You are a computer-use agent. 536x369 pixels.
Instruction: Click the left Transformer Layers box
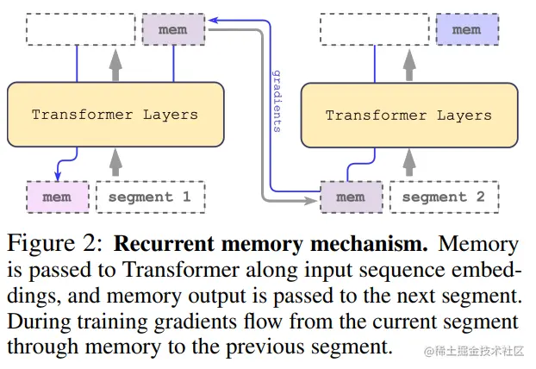115,114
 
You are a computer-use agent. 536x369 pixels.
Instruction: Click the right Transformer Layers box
408,115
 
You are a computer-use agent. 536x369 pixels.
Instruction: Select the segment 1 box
150,197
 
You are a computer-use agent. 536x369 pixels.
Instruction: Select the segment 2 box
444,197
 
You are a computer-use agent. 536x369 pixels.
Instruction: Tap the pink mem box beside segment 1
57,197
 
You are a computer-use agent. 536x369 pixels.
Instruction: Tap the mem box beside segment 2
350,197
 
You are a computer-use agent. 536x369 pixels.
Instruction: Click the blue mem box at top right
466,30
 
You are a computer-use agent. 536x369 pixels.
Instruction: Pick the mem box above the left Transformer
173,30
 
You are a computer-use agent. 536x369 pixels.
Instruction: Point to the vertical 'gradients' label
276,101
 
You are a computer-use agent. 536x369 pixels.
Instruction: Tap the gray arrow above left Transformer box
115,63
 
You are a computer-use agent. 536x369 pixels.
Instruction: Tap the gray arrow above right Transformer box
408,63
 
